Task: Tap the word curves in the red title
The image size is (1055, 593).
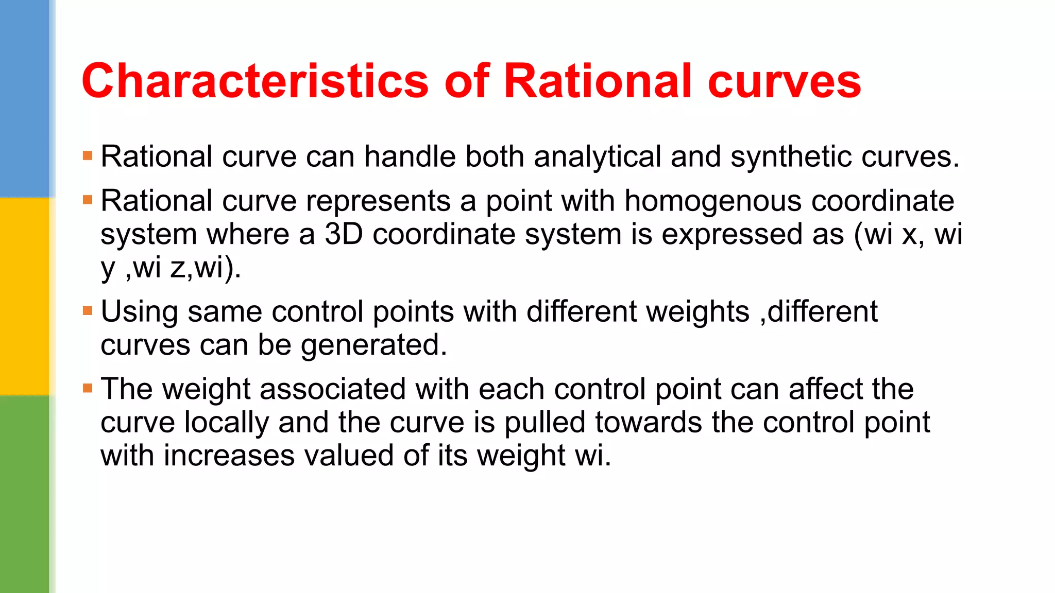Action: click(x=784, y=81)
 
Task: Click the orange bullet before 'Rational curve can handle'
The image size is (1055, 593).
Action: click(x=88, y=155)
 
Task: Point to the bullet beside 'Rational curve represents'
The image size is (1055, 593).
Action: click(x=88, y=200)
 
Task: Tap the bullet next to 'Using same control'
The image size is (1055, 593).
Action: click(x=88, y=311)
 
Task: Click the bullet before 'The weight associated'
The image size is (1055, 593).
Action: click(x=88, y=388)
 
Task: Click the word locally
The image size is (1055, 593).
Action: click(x=227, y=423)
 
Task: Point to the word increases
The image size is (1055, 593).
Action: click(x=229, y=456)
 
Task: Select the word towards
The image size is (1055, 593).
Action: click(x=649, y=423)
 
